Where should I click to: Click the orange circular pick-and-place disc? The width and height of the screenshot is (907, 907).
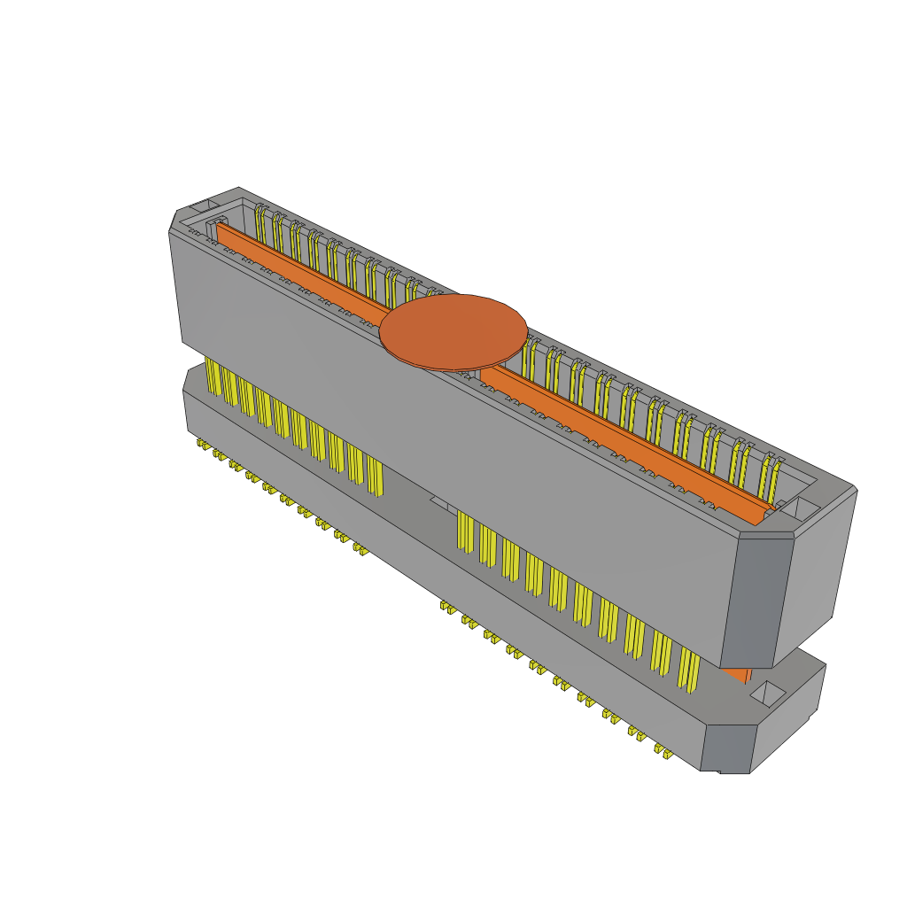[453, 331]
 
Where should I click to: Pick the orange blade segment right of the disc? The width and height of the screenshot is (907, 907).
[620, 443]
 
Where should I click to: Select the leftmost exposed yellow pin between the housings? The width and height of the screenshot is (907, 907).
[213, 376]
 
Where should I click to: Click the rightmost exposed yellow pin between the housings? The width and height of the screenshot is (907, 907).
[688, 669]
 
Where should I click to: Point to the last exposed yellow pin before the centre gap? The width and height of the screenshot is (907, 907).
[375, 477]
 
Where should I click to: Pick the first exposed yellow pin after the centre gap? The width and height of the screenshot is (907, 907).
[464, 531]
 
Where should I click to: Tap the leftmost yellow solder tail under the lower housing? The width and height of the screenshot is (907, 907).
[203, 442]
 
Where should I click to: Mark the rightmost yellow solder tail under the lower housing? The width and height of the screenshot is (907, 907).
[661, 751]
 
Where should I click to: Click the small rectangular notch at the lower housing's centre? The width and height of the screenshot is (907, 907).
[440, 502]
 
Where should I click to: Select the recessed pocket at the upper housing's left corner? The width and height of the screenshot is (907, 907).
[203, 205]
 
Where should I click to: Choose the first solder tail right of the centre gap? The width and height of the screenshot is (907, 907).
[448, 608]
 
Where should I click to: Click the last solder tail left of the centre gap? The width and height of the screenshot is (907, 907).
[360, 549]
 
